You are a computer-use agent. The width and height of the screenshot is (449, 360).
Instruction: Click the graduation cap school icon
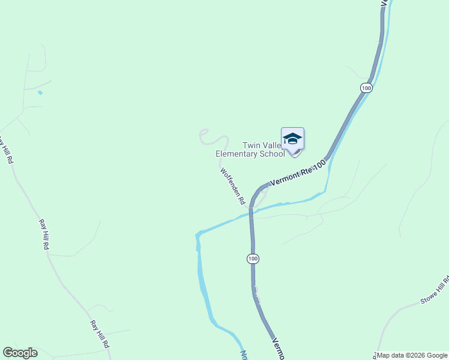tap(292, 139)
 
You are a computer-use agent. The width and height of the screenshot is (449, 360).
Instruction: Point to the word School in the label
tap(273, 154)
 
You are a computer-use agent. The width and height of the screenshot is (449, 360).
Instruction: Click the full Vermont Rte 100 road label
tap(298, 172)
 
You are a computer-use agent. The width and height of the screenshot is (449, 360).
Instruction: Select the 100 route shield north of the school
tap(366, 88)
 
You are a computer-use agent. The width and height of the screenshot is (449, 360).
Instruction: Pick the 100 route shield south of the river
tap(253, 259)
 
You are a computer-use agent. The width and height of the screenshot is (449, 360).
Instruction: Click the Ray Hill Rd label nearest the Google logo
tap(100, 334)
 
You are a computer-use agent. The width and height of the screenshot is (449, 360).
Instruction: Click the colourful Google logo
tap(20, 353)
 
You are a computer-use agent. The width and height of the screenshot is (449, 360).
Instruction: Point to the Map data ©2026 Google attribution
tap(412, 355)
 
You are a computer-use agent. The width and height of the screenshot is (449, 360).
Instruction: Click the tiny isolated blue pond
tap(40, 93)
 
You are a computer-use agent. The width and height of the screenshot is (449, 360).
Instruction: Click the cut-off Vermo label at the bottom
tap(277, 349)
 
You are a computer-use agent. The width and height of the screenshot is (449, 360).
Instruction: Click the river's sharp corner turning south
tap(197, 235)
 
